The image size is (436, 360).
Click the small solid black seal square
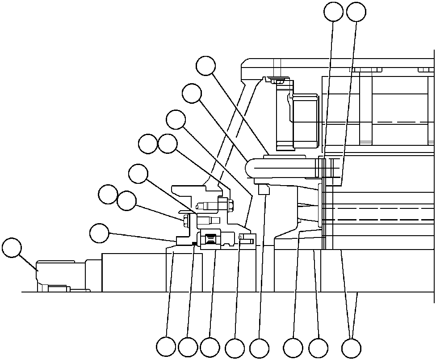194,243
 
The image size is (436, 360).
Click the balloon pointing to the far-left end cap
12,248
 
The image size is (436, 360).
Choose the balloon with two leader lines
351,347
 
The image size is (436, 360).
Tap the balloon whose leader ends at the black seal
188,347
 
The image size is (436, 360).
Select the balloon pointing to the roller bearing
210,347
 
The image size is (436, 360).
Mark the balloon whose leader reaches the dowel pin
235,347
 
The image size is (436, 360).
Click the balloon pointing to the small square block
259,347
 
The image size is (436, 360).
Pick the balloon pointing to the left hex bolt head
126,201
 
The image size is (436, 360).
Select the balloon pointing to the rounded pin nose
192,94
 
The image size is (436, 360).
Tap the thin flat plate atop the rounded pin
285,156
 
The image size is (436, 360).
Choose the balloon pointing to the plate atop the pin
206,66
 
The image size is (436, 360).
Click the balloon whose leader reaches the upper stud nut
168,144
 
